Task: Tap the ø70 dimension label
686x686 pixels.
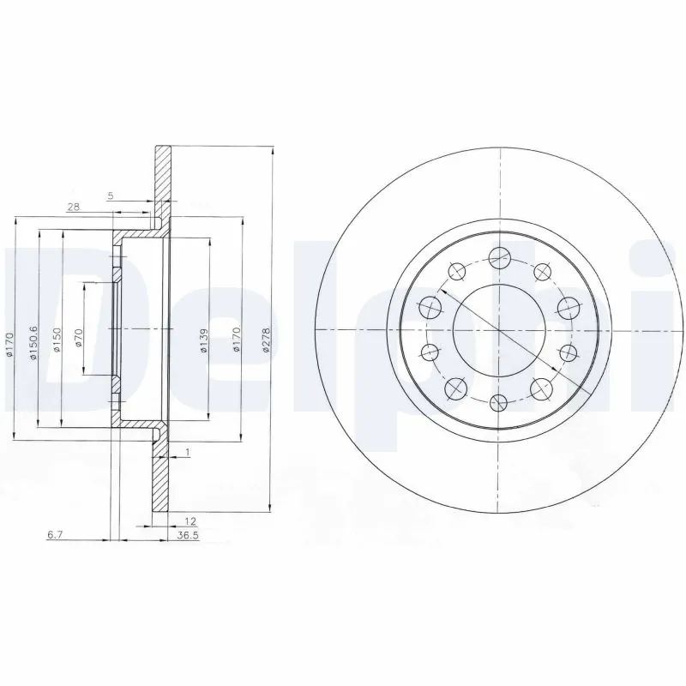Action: pyautogui.click(x=78, y=337)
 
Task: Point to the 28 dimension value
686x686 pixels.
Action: pyautogui.click(x=73, y=207)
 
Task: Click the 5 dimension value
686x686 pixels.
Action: pyautogui.click(x=110, y=196)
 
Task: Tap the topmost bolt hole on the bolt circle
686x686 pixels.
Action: pyautogui.click(x=498, y=256)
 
